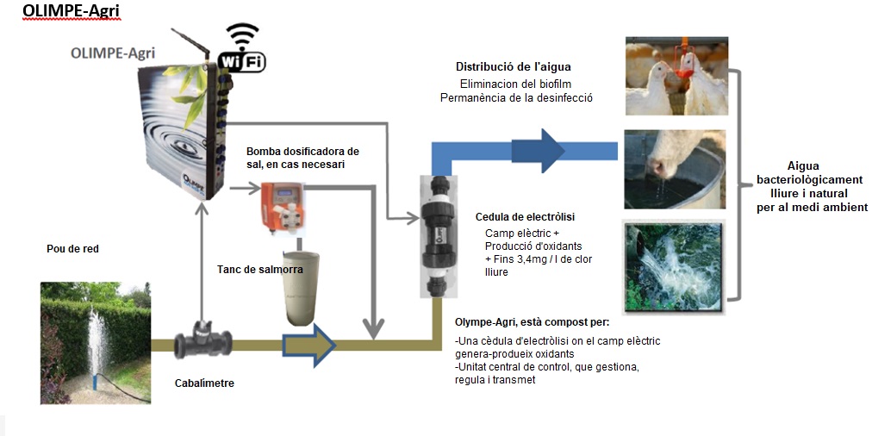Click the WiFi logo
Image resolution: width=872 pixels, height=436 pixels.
coord(245,49)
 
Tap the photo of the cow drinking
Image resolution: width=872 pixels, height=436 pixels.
coord(676,169)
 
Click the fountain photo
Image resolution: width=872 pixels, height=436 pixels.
coord(95,343)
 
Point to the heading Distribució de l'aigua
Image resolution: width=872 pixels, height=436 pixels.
coord(513,66)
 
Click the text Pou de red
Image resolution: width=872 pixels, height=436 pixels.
coord(72,249)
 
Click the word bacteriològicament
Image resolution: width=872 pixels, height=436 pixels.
coord(802,181)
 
